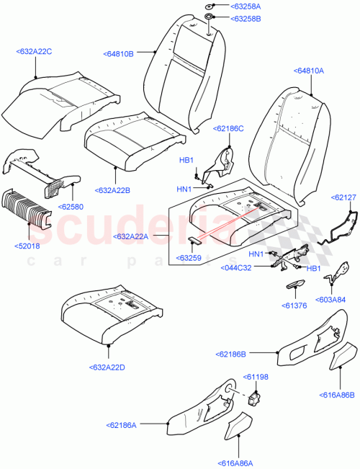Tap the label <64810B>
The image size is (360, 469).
[x=120, y=53]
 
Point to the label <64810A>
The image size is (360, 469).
[x=308, y=71]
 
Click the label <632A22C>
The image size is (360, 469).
[x=35, y=52]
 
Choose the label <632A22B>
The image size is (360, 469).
[x=114, y=191]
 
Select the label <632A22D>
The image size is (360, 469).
[x=107, y=368]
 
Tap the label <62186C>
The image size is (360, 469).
[x=228, y=128]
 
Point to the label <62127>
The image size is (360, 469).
[x=343, y=196]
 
